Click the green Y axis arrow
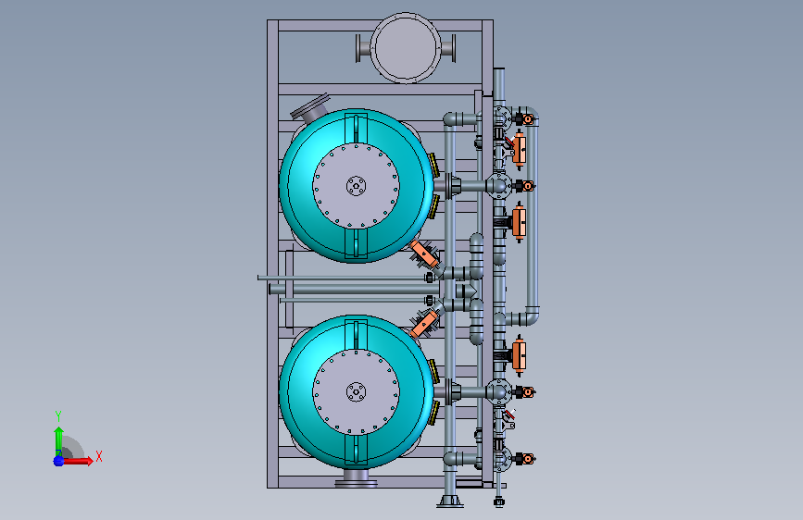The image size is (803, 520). coord(58,440)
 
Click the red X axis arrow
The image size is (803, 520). coord(77,461)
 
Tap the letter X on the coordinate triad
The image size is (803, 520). coord(99,456)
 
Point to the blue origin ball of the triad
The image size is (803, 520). coord(58,461)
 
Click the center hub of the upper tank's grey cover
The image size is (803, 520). coord(356,185)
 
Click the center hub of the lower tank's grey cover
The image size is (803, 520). coord(356,392)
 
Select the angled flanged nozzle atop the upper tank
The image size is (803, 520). coord(311,109)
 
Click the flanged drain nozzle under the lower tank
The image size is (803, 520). coord(356,478)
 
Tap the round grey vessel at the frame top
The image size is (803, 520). coord(406,47)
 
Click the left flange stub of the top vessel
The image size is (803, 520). coord(363,49)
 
